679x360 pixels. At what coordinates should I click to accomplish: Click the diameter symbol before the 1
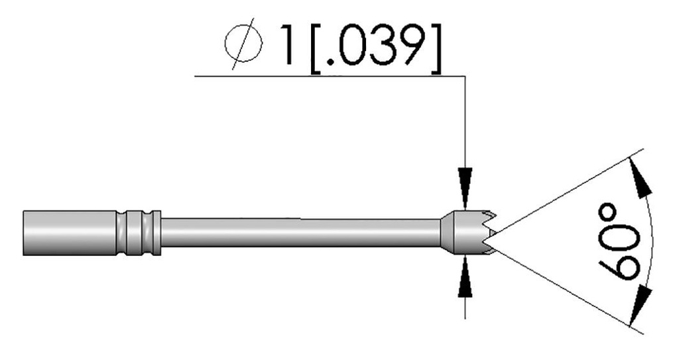pos(247,47)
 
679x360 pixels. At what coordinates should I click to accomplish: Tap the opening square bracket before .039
pos(317,47)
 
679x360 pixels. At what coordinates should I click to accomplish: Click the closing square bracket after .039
pos(432,47)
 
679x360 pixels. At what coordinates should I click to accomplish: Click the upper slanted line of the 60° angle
pos(564,192)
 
